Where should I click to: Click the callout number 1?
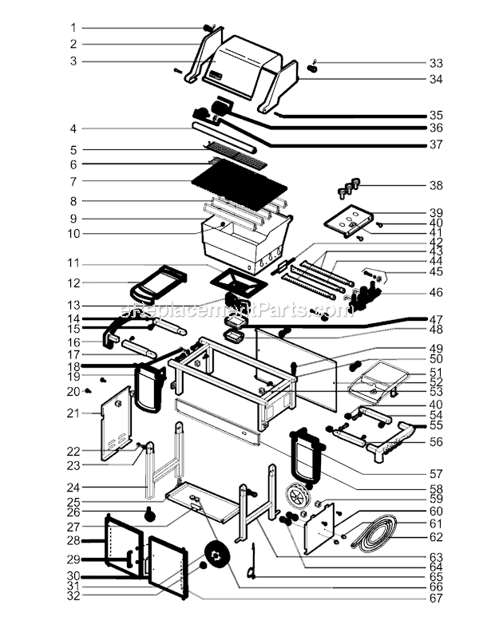(73, 27)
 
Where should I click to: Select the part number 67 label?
(435, 599)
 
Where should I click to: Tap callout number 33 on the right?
(435, 62)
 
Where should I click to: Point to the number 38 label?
(435, 185)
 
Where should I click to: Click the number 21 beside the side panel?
(73, 413)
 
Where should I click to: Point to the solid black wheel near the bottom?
(216, 555)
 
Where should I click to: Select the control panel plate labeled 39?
(350, 222)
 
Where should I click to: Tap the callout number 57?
(435, 472)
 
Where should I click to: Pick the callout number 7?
(73, 181)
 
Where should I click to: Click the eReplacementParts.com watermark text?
(236, 308)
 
